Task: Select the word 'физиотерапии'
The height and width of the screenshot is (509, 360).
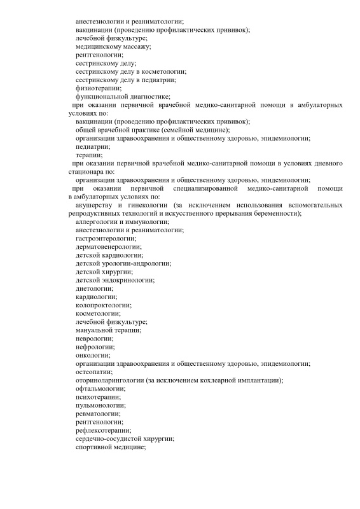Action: click(96, 88)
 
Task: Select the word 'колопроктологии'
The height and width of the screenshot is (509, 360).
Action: click(103, 305)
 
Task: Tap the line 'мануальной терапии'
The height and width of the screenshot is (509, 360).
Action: click(107, 330)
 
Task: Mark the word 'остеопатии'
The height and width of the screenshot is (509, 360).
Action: click(93, 371)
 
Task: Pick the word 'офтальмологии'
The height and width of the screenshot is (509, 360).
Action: click(100, 387)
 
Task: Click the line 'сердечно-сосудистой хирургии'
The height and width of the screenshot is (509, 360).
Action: click(125, 438)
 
